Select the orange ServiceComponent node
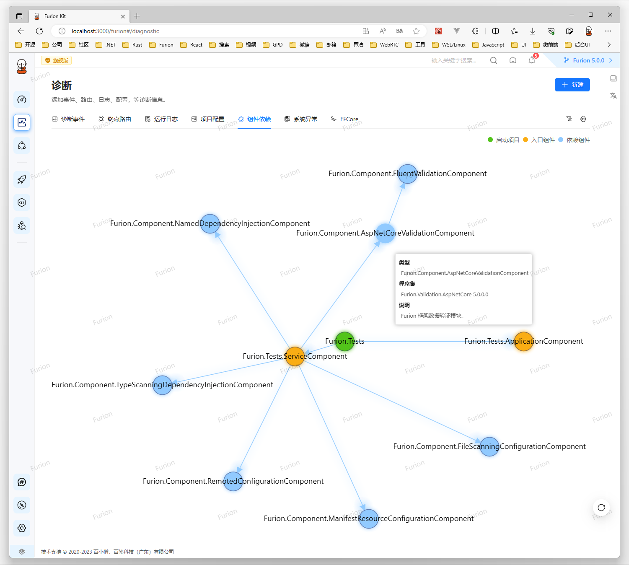point(295,356)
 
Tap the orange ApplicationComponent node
point(523,342)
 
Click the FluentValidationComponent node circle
point(407,174)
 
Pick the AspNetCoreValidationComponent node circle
point(385,233)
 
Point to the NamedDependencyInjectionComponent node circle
point(210,224)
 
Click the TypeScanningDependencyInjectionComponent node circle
point(162,385)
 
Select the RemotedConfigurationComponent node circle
point(233,481)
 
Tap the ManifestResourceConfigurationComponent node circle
point(369,519)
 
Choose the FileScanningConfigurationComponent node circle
point(489,447)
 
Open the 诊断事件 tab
point(68,119)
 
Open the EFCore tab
point(345,119)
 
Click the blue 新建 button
point(572,85)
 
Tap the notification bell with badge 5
point(532,60)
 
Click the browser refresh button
point(39,31)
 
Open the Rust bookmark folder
point(132,45)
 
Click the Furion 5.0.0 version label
point(588,60)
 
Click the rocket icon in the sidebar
point(22,179)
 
